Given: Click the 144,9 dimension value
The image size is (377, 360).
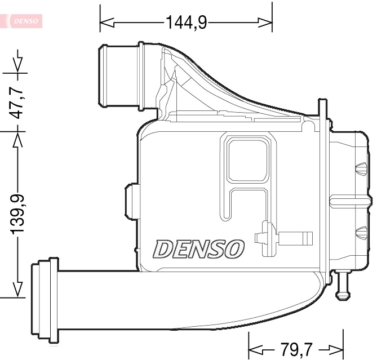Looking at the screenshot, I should (x=186, y=22).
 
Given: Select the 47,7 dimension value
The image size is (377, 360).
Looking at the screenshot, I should (x=19, y=101).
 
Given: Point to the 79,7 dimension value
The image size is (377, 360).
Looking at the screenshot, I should (x=296, y=348).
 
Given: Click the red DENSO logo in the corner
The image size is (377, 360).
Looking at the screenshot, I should (x=23, y=21).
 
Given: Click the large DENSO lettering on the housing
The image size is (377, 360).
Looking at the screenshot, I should (x=199, y=248).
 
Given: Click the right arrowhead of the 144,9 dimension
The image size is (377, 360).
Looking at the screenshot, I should (x=265, y=23).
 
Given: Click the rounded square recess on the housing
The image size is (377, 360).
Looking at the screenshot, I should (x=249, y=159).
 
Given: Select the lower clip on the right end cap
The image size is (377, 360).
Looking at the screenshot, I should (x=361, y=232).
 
